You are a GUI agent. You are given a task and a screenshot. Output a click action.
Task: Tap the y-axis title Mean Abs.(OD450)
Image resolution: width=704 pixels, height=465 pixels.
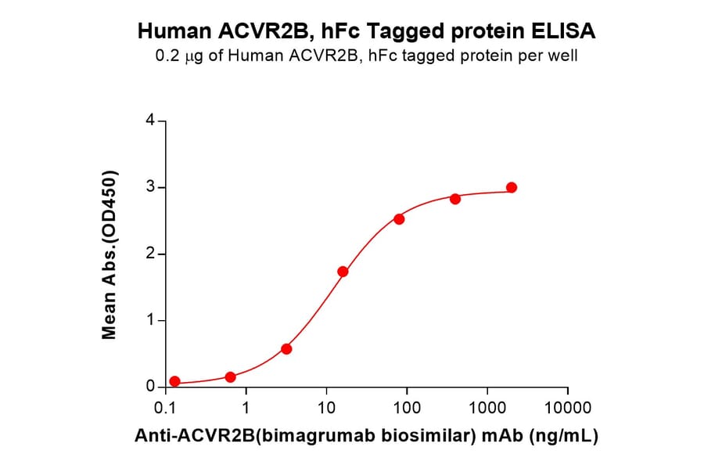pyautogui.click(x=110, y=254)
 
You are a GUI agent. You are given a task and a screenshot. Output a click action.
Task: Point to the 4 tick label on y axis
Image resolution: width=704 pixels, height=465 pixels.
pyautogui.click(x=150, y=121)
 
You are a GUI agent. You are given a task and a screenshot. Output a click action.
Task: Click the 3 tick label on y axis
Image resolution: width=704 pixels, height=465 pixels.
pyautogui.click(x=150, y=188)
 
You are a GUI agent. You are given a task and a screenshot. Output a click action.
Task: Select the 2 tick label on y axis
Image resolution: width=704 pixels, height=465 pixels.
pyautogui.click(x=150, y=254)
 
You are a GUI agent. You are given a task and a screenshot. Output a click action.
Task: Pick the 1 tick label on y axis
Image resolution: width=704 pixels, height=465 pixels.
pyautogui.click(x=150, y=321)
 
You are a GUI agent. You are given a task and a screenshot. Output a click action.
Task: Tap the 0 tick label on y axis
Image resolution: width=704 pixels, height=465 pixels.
pyautogui.click(x=150, y=387)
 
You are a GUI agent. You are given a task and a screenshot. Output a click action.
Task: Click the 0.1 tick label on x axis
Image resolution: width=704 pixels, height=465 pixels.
pyautogui.click(x=165, y=407)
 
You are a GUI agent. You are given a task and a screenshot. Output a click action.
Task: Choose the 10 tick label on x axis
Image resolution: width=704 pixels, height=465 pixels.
pyautogui.click(x=327, y=407)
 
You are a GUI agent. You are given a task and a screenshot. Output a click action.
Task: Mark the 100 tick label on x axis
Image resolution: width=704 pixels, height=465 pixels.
pyautogui.click(x=407, y=407)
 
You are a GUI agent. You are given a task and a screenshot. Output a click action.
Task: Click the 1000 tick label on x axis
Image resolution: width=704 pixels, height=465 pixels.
pyautogui.click(x=487, y=407)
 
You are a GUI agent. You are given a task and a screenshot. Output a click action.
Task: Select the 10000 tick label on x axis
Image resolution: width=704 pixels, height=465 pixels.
pyautogui.click(x=568, y=407)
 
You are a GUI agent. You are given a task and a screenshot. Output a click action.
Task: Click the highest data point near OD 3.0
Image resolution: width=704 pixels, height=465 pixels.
pyautogui.click(x=512, y=187)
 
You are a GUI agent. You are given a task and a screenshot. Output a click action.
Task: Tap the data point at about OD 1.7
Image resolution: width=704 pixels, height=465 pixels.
pyautogui.click(x=343, y=272)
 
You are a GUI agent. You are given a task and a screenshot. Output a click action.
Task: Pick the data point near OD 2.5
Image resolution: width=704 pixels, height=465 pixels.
pyautogui.click(x=399, y=219)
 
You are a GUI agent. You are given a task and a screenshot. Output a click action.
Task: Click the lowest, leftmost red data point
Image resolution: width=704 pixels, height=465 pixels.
pyautogui.click(x=174, y=381)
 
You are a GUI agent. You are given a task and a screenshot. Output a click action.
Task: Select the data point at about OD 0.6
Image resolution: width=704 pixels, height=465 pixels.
pyautogui.click(x=286, y=348)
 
